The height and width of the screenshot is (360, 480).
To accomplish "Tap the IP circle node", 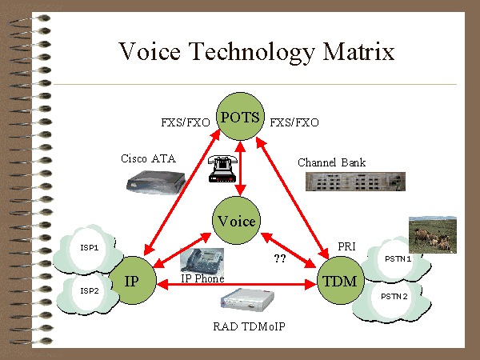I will (x=134, y=282).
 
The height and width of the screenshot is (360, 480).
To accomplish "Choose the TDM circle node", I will (x=341, y=281).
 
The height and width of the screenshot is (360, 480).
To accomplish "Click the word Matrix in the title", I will (x=356, y=53).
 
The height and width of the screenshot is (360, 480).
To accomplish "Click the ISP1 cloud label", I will (x=89, y=248).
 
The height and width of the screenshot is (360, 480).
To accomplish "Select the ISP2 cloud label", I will (x=89, y=290).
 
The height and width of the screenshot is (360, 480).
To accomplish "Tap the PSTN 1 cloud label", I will (x=398, y=258).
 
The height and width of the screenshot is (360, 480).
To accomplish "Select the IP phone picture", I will (x=202, y=261).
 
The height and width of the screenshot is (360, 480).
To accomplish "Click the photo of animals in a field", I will (x=433, y=231).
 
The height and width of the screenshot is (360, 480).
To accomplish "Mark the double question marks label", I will (x=280, y=258).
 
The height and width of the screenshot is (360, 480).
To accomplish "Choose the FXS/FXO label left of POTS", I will (x=186, y=122).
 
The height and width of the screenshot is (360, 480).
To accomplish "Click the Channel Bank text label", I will (x=332, y=162).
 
